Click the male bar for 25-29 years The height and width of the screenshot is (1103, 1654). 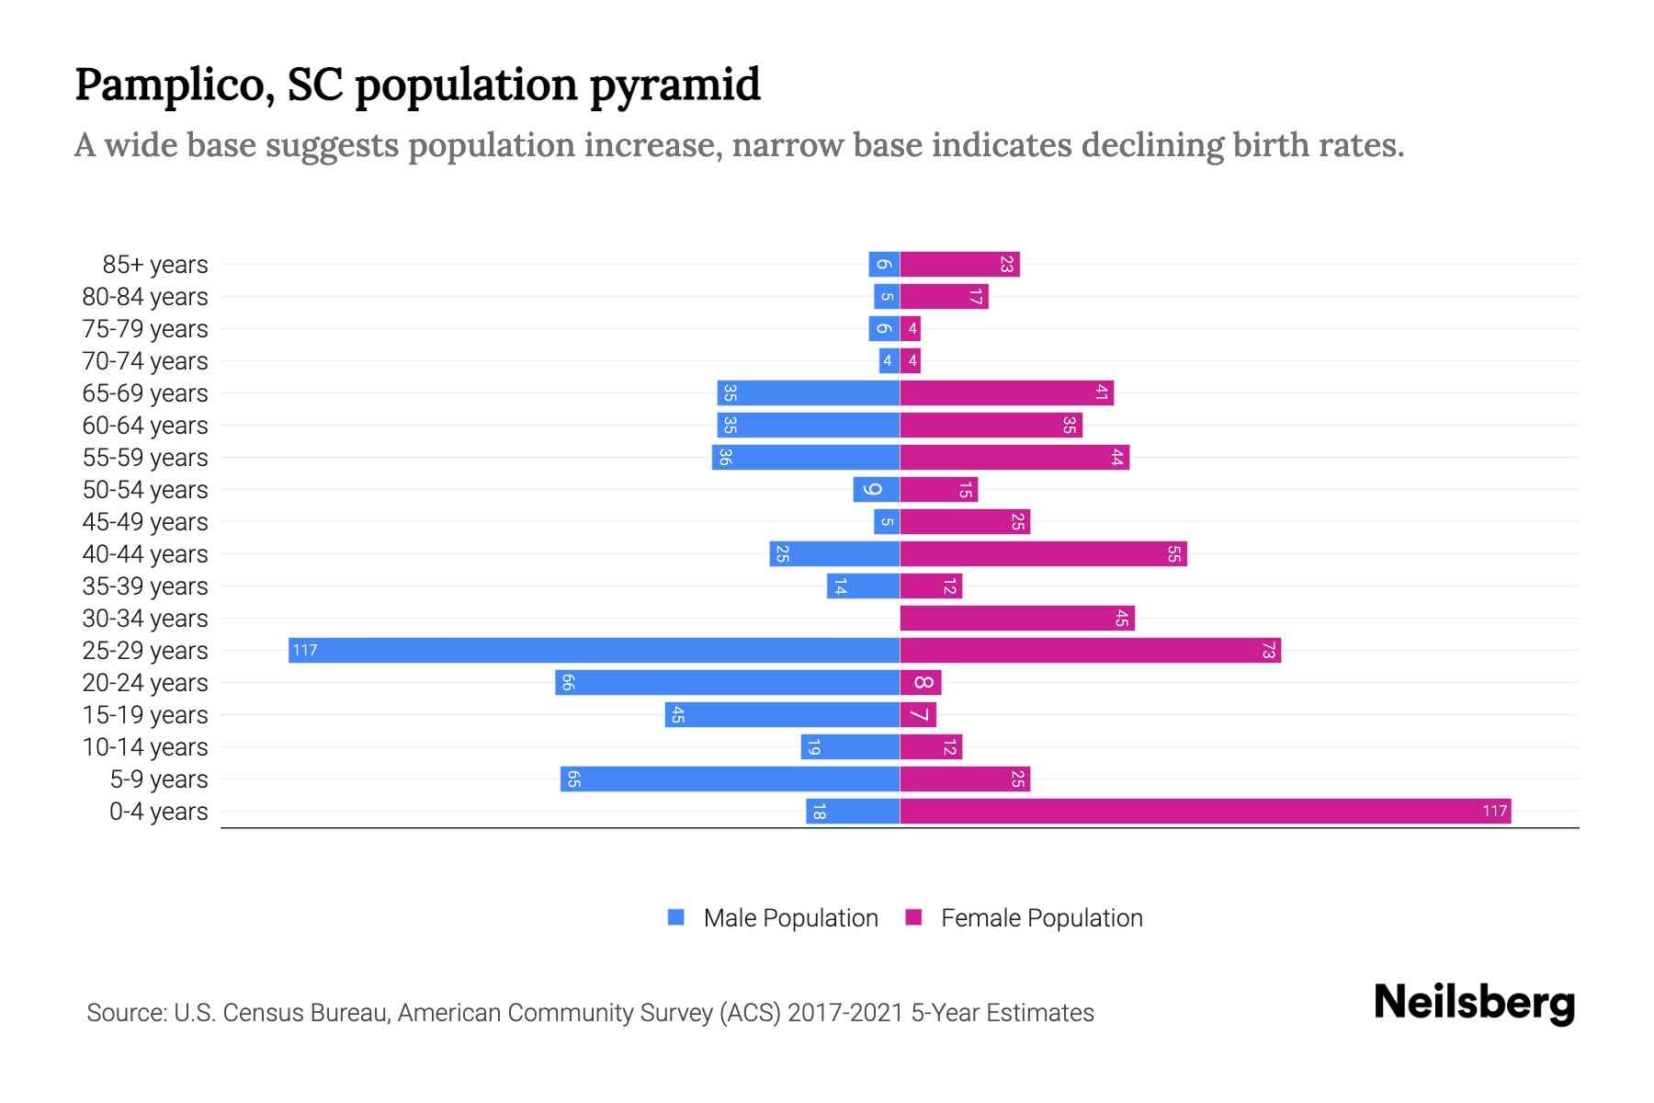594,651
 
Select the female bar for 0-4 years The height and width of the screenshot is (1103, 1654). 1206,812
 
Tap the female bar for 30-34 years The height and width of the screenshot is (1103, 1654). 1017,619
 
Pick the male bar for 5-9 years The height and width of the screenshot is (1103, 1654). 730,779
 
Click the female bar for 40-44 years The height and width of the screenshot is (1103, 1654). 1043,554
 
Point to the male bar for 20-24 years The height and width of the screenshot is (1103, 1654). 727,683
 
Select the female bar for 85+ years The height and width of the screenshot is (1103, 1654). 959,265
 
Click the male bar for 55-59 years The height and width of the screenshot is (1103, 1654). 805,458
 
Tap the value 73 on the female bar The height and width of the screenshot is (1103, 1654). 1268,651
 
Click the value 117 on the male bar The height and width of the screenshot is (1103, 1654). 304,651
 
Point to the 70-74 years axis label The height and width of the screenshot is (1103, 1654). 145,361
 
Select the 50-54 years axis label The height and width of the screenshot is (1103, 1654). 145,490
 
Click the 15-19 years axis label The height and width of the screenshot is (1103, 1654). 145,715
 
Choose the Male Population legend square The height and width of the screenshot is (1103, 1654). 676,917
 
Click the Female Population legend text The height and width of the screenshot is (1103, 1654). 1041,918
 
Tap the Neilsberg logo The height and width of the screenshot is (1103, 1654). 1474,1003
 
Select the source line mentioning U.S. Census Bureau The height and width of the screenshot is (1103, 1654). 590,1013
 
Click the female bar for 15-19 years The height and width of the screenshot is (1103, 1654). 918,715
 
